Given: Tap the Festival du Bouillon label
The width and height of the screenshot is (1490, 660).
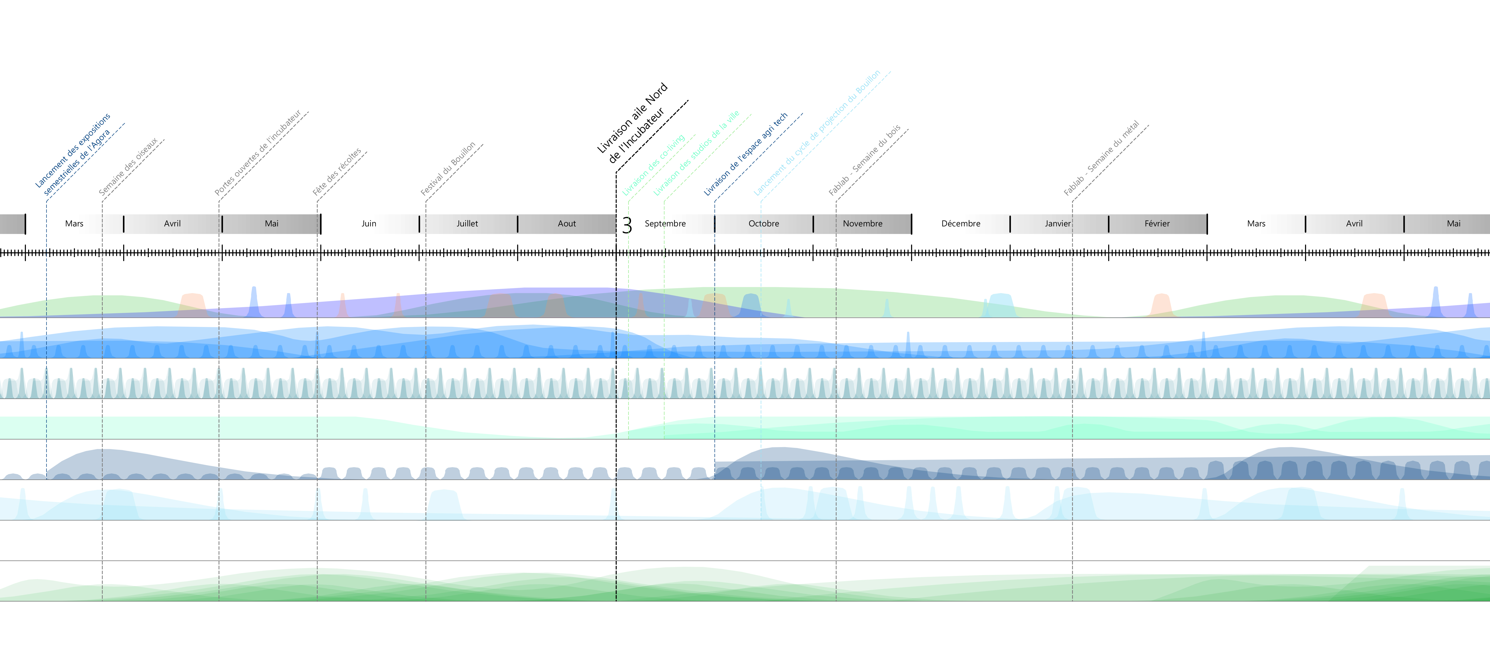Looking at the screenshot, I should pyautogui.click(x=448, y=168).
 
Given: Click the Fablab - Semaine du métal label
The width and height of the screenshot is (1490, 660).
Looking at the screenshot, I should pyautogui.click(x=1101, y=158).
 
